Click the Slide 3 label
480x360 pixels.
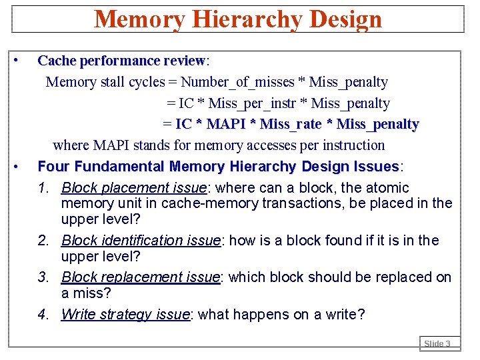(x=438, y=344)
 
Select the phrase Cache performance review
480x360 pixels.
(x=121, y=61)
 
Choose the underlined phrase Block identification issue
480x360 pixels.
(x=141, y=240)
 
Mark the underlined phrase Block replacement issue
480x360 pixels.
(x=140, y=277)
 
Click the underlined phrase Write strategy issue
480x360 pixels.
(x=125, y=314)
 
